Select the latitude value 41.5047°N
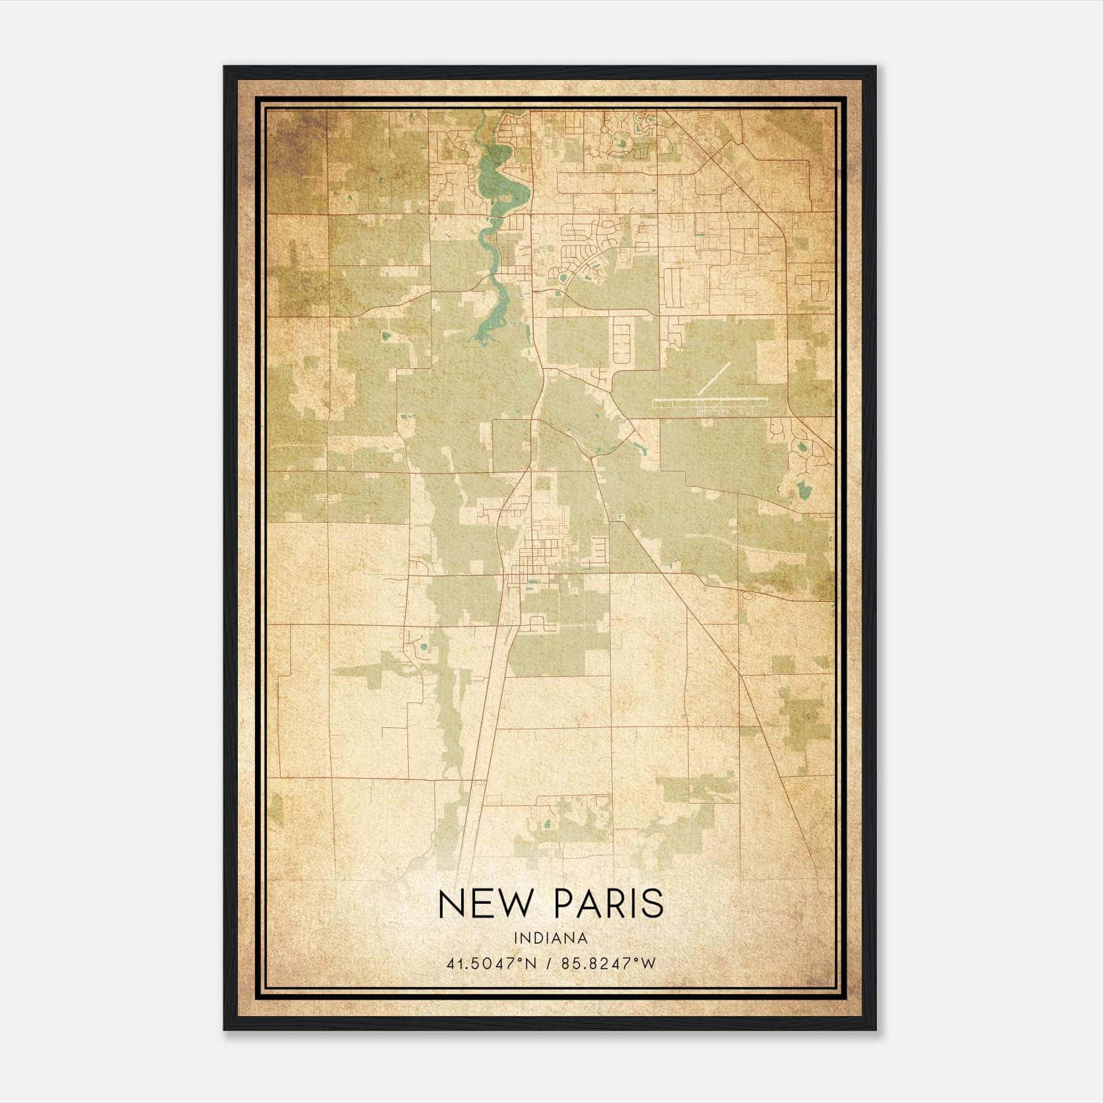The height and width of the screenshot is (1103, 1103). coord(491,964)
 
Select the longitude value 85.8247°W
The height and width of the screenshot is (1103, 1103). coord(606,964)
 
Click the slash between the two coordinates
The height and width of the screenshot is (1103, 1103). coord(549,964)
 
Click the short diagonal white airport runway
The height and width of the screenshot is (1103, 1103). coord(713,378)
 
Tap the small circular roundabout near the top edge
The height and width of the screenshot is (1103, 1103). coord(606,128)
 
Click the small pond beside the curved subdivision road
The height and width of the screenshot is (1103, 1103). coord(563,279)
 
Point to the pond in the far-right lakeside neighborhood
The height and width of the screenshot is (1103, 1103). coord(804,491)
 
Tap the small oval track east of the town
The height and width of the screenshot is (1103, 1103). coord(598,547)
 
